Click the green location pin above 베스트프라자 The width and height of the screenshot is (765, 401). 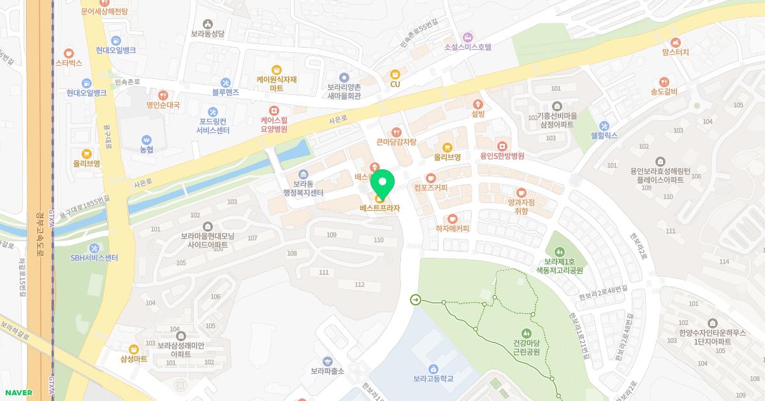382,183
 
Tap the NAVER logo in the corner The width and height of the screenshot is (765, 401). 17,393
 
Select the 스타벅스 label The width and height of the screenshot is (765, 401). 69,63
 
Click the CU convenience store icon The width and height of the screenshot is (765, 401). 395,73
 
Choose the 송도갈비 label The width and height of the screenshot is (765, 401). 664,92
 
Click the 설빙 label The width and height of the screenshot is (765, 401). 478,114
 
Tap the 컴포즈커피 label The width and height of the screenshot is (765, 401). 431,188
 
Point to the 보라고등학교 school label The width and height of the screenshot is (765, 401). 433,379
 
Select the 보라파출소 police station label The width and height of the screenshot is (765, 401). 328,371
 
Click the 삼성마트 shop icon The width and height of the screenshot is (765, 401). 134,349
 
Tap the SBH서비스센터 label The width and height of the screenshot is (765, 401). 94,258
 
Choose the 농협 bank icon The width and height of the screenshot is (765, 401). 147,139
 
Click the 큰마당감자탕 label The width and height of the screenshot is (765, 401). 397,142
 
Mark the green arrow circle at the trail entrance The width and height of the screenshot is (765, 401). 416,300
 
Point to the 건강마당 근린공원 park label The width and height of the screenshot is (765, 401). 526,347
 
